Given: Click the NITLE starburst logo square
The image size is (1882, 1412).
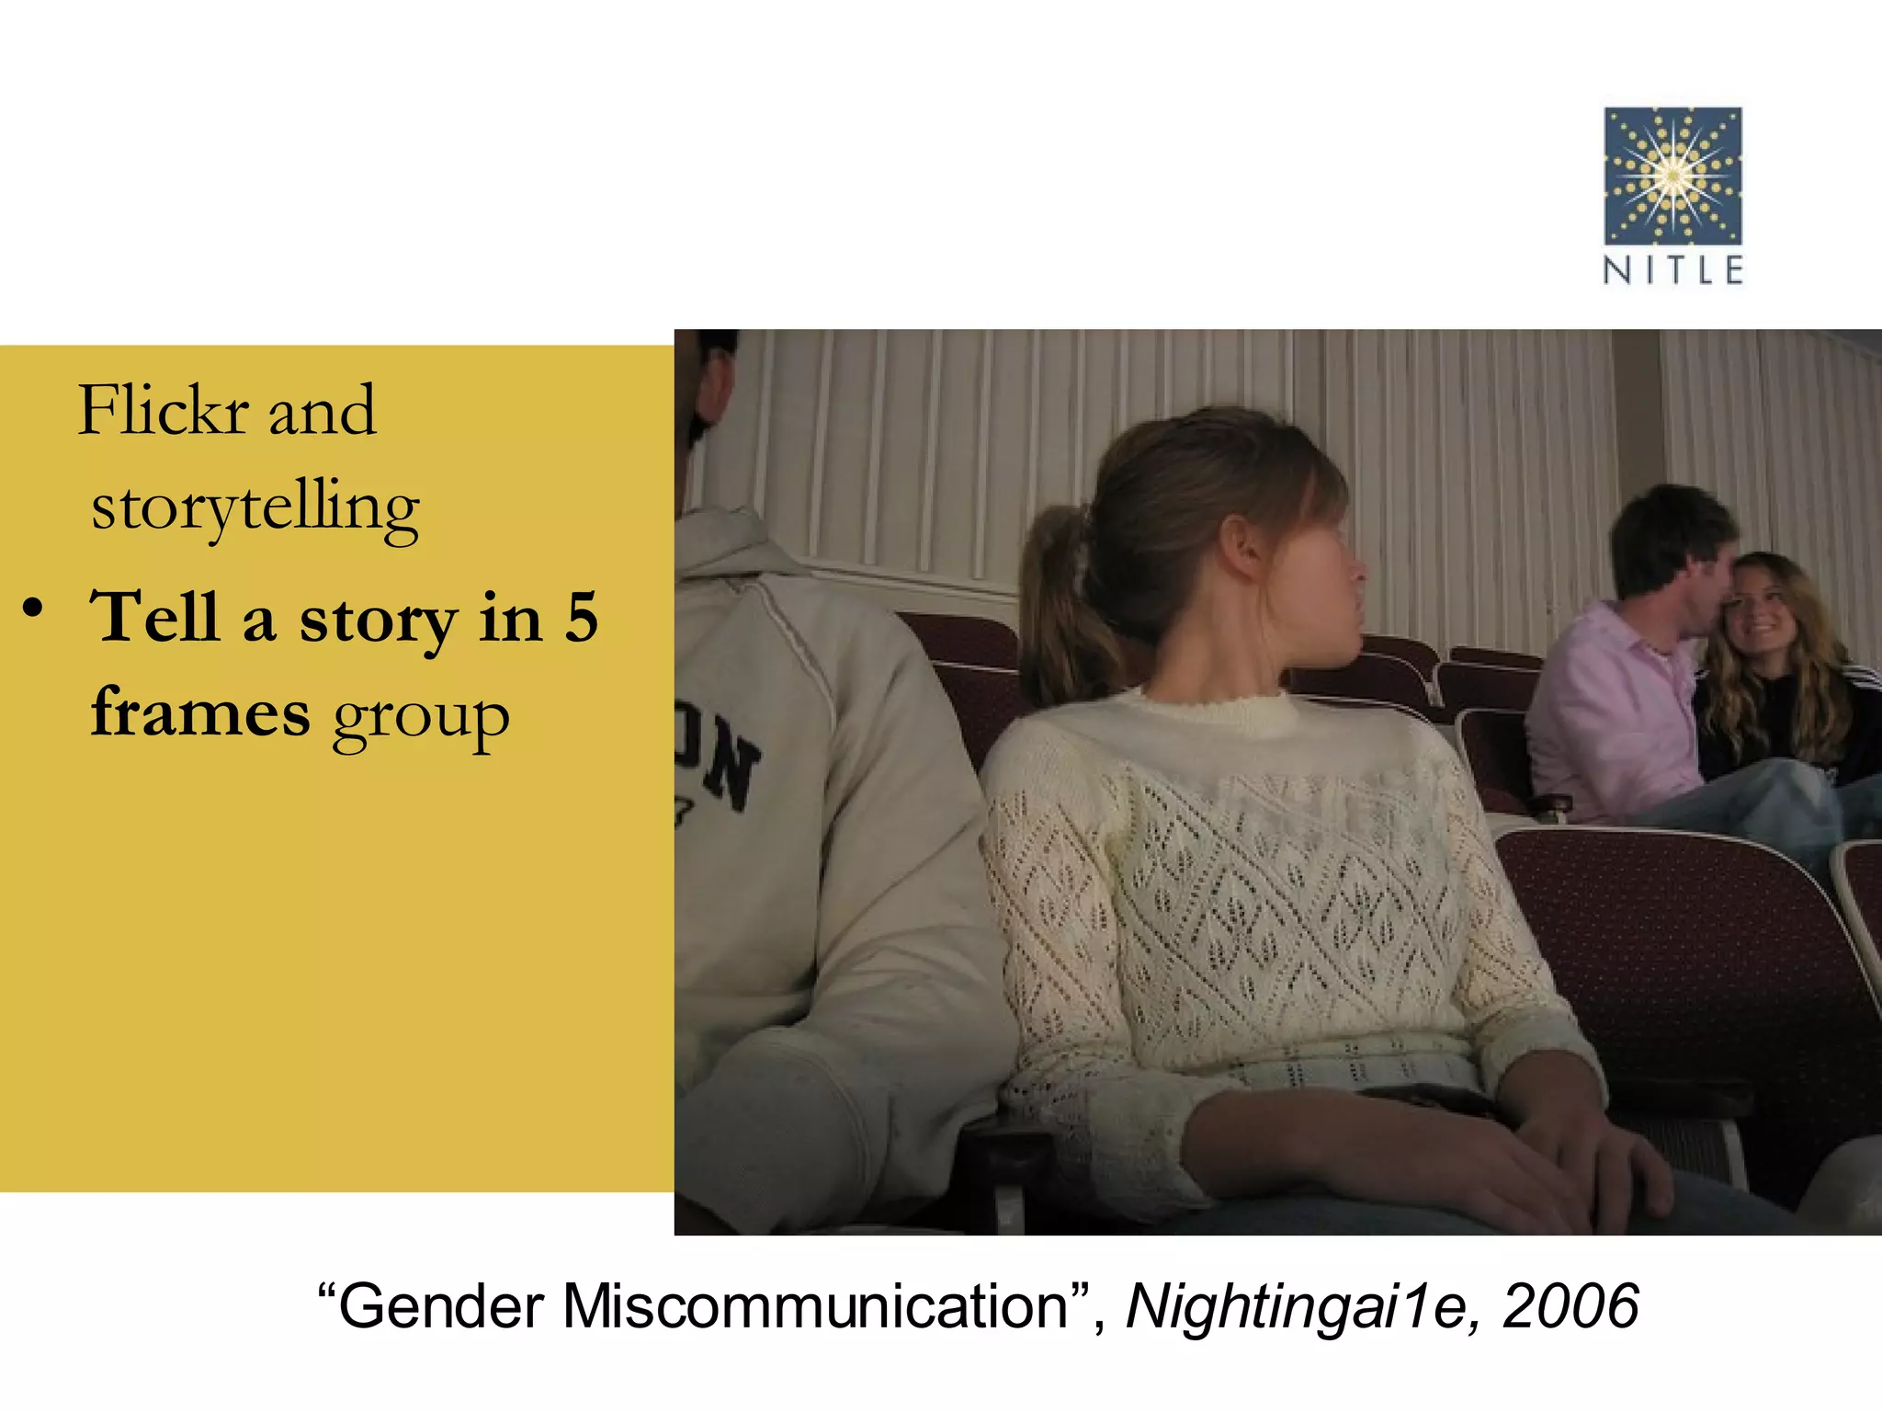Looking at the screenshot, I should point(1672,176).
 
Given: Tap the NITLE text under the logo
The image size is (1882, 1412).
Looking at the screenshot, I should point(1672,270).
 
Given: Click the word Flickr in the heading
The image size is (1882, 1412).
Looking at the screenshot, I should point(164,411).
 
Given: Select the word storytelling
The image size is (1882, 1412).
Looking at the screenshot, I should point(255,507).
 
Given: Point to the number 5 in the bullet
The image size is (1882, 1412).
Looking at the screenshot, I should point(581,618).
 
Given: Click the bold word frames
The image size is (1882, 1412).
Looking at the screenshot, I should point(200,713).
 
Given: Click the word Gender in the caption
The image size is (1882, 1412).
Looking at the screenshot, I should point(441,1306).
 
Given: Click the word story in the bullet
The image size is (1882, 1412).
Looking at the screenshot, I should point(377,620).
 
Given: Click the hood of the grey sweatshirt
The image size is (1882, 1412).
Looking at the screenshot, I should point(735,552).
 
